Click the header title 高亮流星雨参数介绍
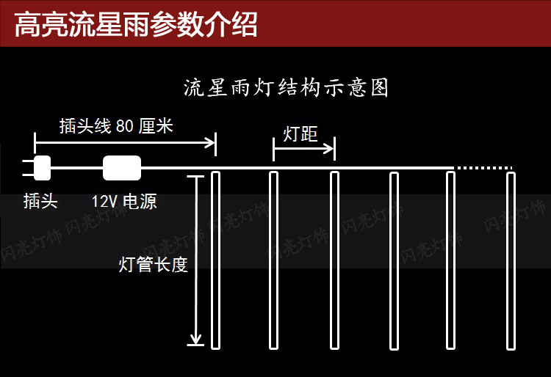(136, 24)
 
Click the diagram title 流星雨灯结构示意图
(286, 89)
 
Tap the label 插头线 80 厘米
(116, 126)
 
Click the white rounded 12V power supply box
(122, 168)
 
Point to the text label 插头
(40, 202)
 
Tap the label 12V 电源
(124, 202)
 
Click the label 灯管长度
(154, 265)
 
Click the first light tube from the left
(216, 260)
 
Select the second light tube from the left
(273, 260)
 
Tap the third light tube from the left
(334, 260)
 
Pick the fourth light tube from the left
(394, 260)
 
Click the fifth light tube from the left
(450, 260)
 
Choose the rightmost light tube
(511, 260)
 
